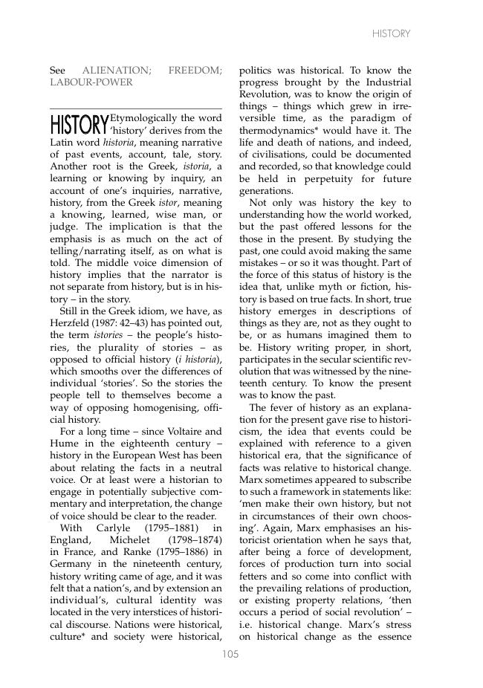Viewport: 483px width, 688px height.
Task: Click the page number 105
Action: coord(230,655)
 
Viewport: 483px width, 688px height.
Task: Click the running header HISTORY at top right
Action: coord(391,34)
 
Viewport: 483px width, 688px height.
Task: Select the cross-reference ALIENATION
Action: coord(116,71)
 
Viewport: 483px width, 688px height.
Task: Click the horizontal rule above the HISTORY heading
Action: coord(135,108)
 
